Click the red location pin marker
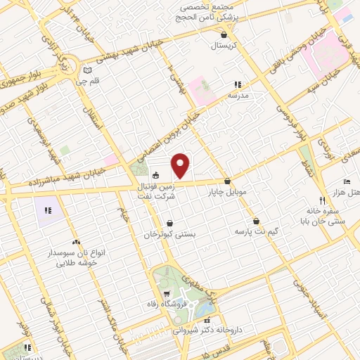click(x=181, y=166)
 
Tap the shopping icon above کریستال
click(x=224, y=34)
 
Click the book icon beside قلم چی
click(x=87, y=70)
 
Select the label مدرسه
click(x=236, y=94)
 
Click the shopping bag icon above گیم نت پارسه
click(x=256, y=220)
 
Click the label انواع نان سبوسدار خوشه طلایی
click(x=76, y=256)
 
